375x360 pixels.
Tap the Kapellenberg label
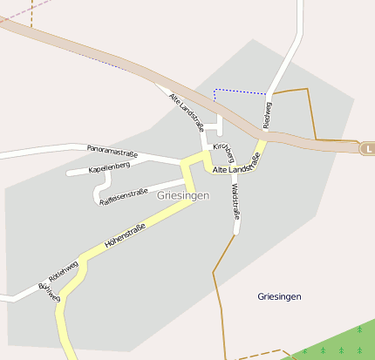[x=109, y=166]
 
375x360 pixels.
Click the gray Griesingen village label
[x=183, y=196]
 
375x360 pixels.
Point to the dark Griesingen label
[x=279, y=296]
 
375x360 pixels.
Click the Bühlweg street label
[x=49, y=293]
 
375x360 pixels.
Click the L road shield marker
[x=369, y=149]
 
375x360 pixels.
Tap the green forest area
[x=340, y=344]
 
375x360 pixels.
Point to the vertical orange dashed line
[x=31, y=12]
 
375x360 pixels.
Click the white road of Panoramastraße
[x=44, y=153]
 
